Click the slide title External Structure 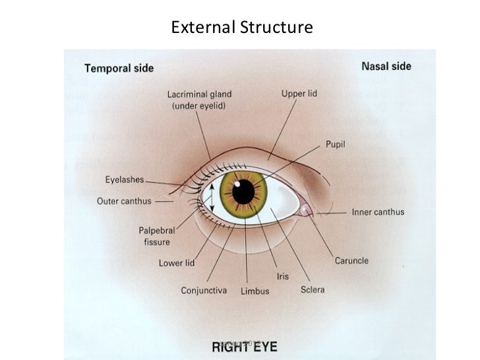[x=241, y=28]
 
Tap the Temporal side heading [x=119, y=67]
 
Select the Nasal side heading [x=386, y=66]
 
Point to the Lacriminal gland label [x=199, y=99]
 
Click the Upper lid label [x=299, y=94]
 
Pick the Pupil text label [x=335, y=144]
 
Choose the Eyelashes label [x=125, y=179]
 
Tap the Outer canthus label [x=124, y=201]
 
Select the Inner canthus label [x=378, y=212]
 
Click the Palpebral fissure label [x=157, y=236]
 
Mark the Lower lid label [x=176, y=263]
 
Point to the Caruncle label [x=351, y=260]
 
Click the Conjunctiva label [x=204, y=290]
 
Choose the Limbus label [x=255, y=291]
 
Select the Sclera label [x=312, y=289]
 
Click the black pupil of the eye [x=243, y=191]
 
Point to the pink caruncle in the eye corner [x=305, y=210]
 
